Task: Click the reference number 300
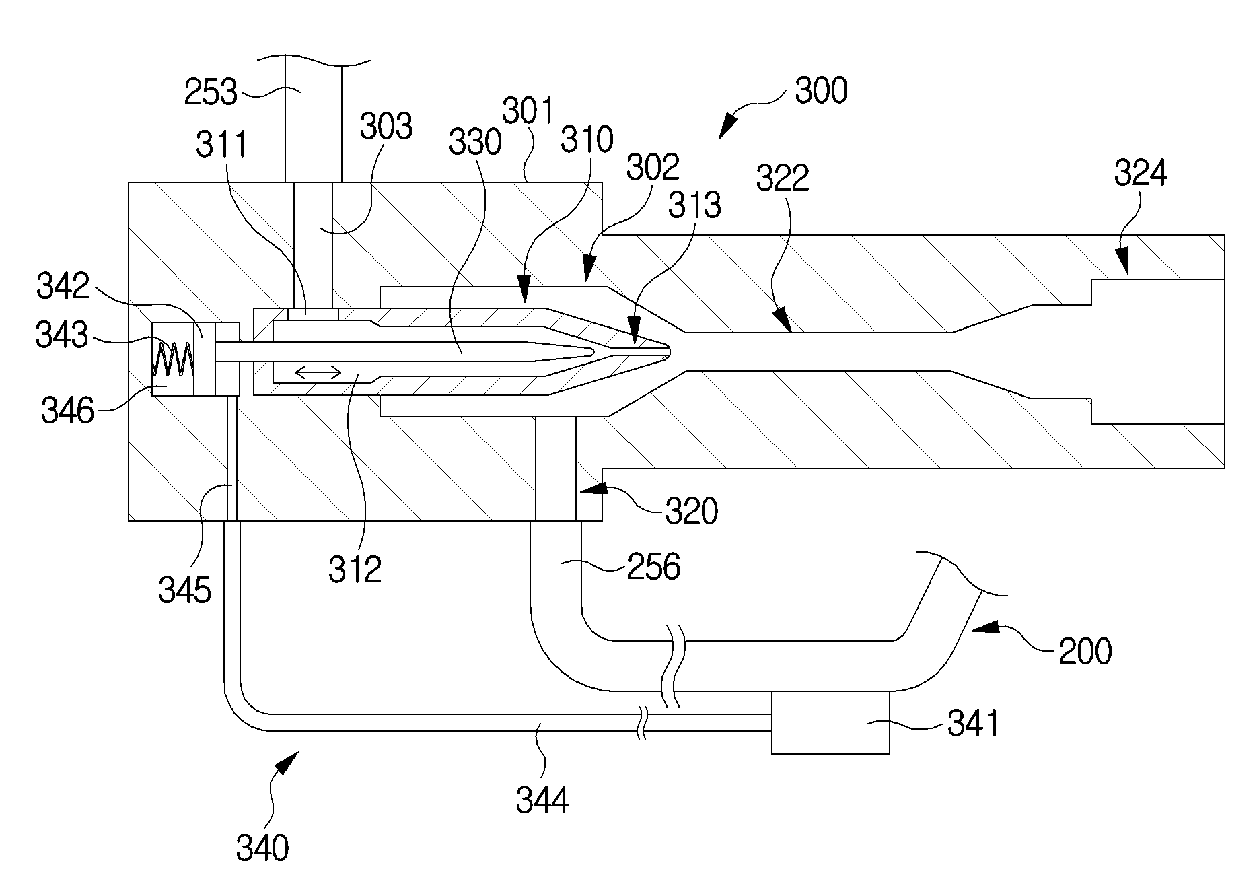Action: pos(821,90)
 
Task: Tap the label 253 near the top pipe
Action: pos(211,92)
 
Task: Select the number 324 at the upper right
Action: pos(1141,174)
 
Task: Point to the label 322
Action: pos(783,178)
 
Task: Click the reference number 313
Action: pos(694,205)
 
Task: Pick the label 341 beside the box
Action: pos(973,724)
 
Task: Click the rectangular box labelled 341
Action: pos(830,722)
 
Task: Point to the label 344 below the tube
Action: pos(542,800)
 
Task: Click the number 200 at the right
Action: pos(1085,652)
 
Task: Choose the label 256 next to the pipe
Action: pos(653,567)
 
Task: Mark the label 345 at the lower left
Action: pos(185,590)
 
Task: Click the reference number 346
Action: pos(68,410)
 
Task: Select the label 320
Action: pos(692,512)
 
